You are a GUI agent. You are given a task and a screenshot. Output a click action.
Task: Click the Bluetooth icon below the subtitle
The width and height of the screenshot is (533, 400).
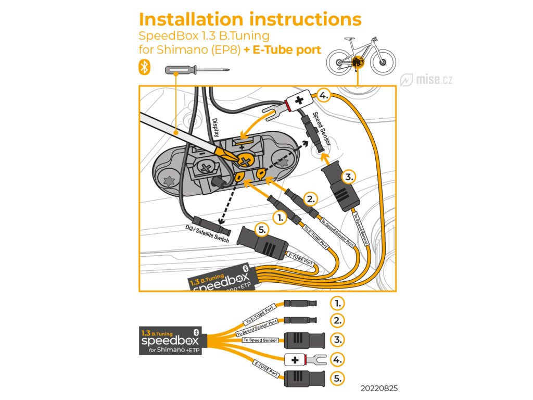144,67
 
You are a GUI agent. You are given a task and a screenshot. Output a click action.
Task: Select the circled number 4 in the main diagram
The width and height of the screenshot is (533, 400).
324,95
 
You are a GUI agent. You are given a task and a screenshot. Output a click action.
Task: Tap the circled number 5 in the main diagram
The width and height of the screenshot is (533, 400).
262,228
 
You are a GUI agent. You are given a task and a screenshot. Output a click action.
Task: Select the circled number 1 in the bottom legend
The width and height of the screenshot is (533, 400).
338,303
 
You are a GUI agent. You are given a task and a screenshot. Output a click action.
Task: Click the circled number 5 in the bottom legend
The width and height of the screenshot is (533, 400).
338,378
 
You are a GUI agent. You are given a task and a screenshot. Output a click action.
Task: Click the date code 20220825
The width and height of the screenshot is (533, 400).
382,389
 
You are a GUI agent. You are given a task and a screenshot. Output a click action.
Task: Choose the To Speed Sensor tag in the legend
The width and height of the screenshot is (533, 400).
260,340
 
